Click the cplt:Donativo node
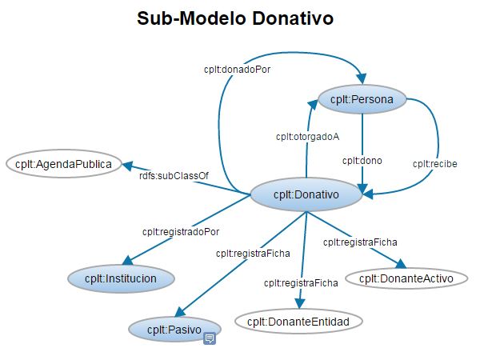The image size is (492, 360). [x=306, y=194]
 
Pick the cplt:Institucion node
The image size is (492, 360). [x=122, y=278]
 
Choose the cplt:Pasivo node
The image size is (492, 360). [x=174, y=328]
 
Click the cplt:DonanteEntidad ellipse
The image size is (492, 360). [x=299, y=322]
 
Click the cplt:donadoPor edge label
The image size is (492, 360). [x=238, y=69]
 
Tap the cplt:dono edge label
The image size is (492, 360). [x=362, y=160]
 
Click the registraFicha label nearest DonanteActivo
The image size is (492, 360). [x=360, y=241]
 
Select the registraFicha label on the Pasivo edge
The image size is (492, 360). [x=253, y=253]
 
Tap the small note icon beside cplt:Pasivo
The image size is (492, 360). [x=210, y=339]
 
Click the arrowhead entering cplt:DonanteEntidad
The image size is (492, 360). [x=300, y=302]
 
